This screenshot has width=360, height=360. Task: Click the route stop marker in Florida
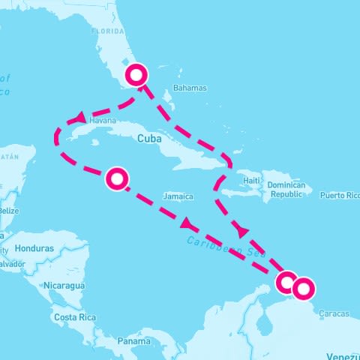tap(136, 75)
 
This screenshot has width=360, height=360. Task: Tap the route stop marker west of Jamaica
tap(117, 178)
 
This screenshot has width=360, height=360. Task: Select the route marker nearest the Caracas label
tap(304, 287)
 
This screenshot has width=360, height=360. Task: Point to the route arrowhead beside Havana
tap(79, 118)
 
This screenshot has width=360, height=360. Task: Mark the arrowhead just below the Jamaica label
tap(185, 224)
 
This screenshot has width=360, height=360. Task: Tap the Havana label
tap(103, 120)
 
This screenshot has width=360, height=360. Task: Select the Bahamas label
tap(189, 88)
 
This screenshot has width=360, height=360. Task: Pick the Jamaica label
tap(178, 196)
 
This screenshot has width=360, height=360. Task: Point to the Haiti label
tap(250, 181)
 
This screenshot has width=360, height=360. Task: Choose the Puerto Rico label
tap(339, 196)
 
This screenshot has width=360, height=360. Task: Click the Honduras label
tap(34, 248)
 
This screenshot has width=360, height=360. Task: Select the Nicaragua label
tap(64, 286)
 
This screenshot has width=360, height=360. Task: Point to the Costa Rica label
tap(74, 317)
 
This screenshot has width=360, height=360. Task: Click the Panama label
tap(134, 341)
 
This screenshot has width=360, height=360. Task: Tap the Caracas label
tap(334, 313)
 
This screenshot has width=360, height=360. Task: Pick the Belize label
tap(9, 211)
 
